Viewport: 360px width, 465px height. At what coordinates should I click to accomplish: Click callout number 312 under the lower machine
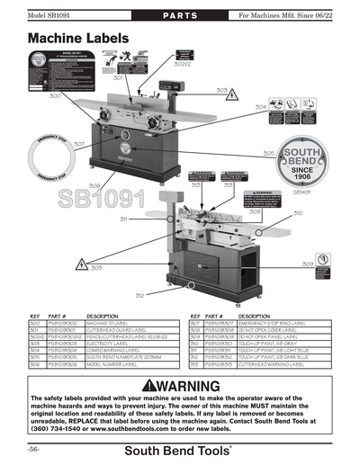[x=139, y=295]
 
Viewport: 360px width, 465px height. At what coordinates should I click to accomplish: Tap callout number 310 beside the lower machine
[x=297, y=213]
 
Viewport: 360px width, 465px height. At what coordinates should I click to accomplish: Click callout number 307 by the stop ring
[x=78, y=144]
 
